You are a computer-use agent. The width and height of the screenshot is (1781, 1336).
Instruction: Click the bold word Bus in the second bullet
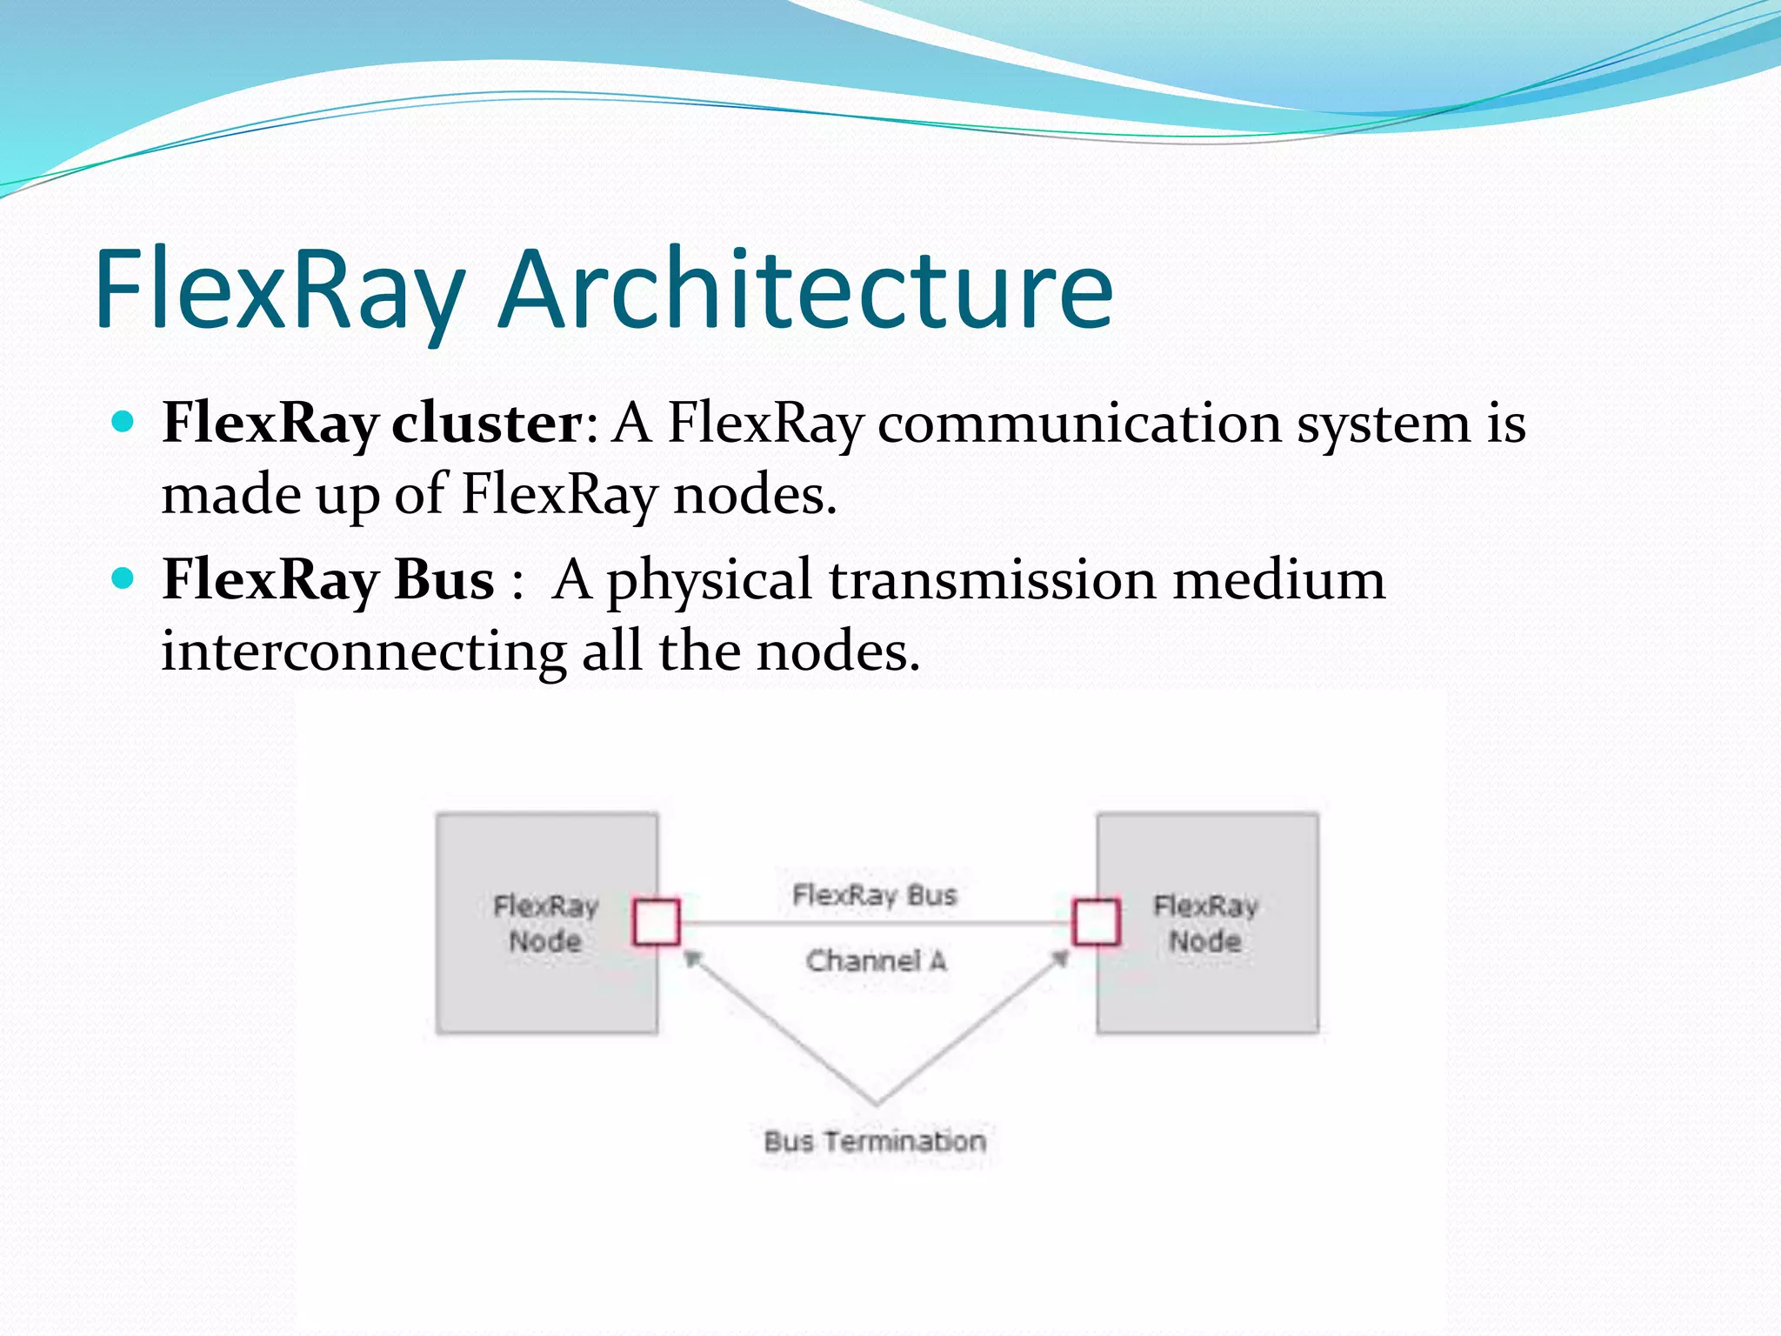point(444,579)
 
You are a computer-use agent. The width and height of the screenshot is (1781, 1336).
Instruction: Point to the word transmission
point(992,579)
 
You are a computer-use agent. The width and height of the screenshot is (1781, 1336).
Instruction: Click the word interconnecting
point(364,651)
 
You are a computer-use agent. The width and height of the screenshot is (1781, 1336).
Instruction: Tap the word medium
point(1278,579)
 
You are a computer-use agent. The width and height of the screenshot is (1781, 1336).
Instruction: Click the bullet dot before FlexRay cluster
point(123,423)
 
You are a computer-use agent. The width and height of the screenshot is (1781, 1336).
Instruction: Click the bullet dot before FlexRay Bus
point(123,578)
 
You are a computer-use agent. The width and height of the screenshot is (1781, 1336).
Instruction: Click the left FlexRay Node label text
point(545,924)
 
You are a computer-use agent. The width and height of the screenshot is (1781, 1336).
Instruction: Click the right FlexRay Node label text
point(1205,924)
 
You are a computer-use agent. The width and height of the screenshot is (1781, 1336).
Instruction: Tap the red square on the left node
point(657,922)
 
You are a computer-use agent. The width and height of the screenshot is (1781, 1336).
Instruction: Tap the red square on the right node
point(1096,922)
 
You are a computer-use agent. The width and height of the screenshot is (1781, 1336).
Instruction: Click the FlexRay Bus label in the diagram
point(874,895)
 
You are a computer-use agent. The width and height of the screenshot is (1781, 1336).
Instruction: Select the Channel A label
point(875,961)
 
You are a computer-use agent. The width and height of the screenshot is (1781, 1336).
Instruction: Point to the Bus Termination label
point(875,1141)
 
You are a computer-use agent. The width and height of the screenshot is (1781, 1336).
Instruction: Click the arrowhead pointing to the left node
point(692,959)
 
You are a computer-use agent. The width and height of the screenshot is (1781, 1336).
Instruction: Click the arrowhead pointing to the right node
point(1060,959)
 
